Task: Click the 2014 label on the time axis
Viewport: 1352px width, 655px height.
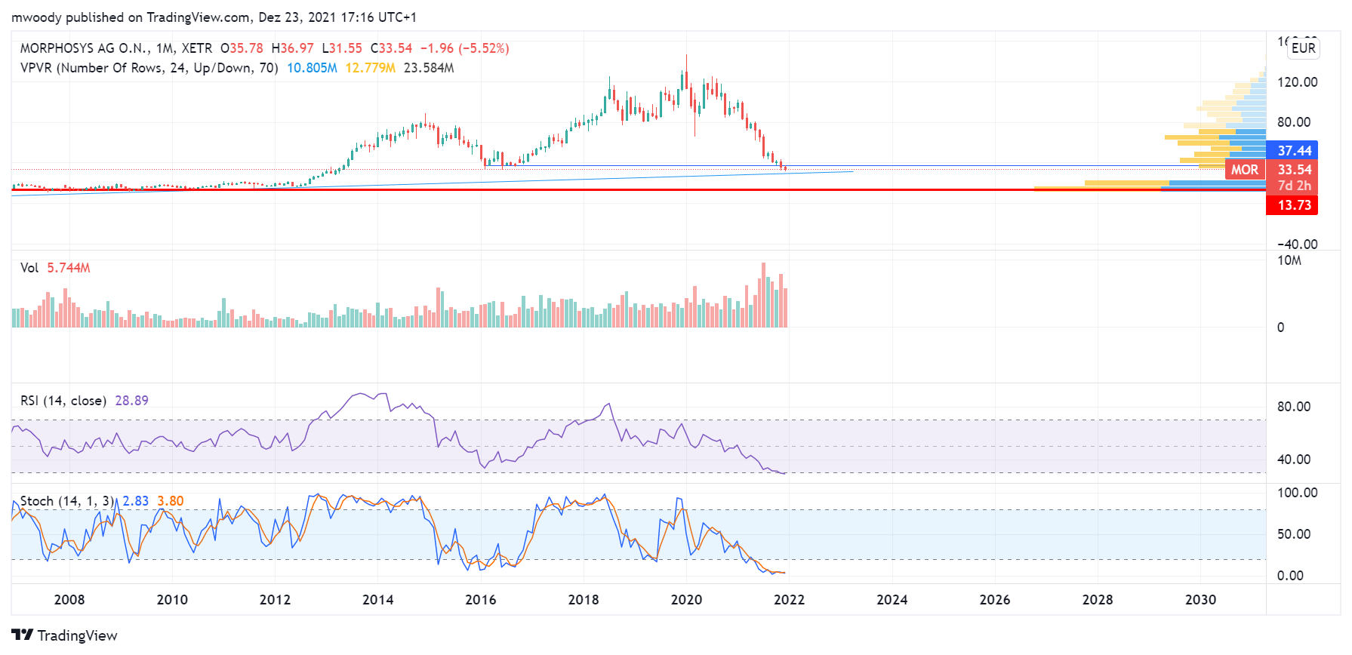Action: click(x=377, y=600)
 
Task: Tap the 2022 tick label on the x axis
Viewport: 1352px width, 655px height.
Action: click(x=789, y=600)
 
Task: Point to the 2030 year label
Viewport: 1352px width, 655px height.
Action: click(x=1200, y=600)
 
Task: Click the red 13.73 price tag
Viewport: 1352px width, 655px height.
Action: click(x=1293, y=205)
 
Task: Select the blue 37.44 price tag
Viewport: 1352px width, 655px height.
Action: click(x=1293, y=151)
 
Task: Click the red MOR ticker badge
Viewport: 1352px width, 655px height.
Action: click(x=1244, y=170)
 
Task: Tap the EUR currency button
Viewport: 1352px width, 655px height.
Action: click(x=1303, y=48)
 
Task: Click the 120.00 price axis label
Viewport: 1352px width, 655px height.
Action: click(x=1297, y=82)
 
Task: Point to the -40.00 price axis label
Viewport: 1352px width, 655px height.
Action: click(x=1297, y=244)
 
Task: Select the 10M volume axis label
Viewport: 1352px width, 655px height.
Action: click(x=1289, y=261)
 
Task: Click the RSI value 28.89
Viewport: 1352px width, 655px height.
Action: click(x=131, y=401)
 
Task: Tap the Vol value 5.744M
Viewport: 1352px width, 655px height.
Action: click(x=68, y=268)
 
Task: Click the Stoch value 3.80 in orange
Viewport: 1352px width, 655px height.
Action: click(x=170, y=501)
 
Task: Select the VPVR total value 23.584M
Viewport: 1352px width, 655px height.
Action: click(x=429, y=68)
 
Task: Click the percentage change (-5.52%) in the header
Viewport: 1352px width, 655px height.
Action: click(x=483, y=48)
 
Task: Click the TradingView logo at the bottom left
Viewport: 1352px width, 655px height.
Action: click(x=64, y=635)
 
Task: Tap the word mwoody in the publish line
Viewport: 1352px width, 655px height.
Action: click(x=36, y=17)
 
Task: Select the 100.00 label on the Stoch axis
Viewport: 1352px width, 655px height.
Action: click(x=1297, y=493)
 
